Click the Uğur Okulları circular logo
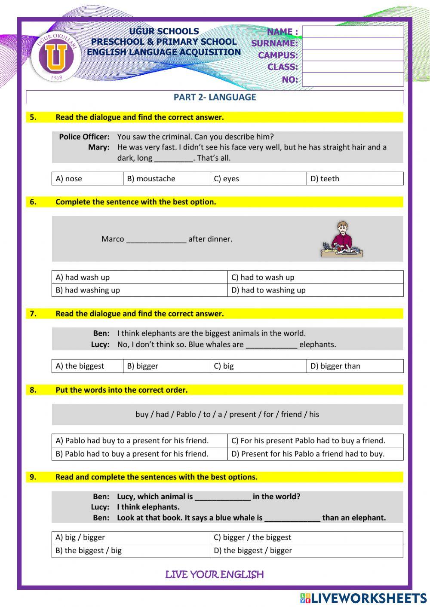click(56, 57)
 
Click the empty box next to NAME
click(353, 31)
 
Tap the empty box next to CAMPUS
click(353, 55)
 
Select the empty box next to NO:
click(353, 79)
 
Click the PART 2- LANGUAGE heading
click(215, 97)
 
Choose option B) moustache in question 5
click(151, 179)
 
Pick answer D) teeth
click(325, 179)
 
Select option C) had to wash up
click(263, 277)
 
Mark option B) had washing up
click(88, 290)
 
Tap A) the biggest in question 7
click(80, 366)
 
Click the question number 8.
click(33, 390)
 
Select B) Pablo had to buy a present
click(132, 454)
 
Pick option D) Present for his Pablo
click(308, 454)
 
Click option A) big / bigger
click(80, 537)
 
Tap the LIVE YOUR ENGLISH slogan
click(214, 574)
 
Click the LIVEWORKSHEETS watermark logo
click(363, 598)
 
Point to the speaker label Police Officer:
click(84, 137)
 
